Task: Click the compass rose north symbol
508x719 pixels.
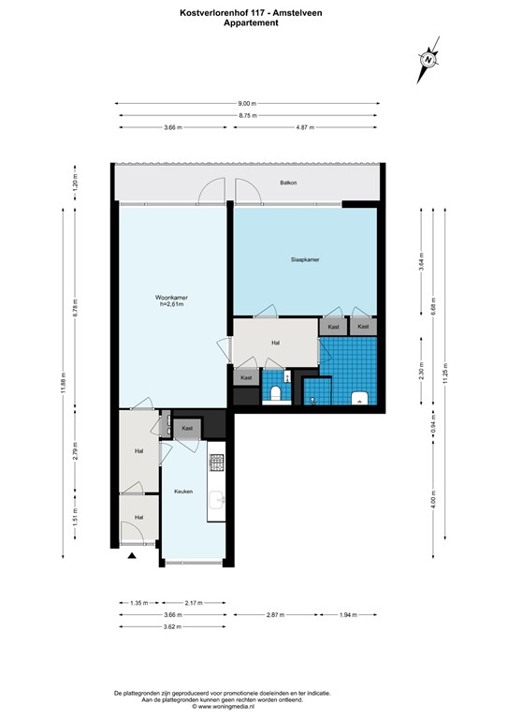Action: (428, 59)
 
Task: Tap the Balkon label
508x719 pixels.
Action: (288, 183)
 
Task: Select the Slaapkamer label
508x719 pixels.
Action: (304, 260)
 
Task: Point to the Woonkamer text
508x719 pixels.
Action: (171, 298)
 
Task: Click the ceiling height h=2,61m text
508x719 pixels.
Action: (171, 305)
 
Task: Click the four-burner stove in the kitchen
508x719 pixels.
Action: (217, 462)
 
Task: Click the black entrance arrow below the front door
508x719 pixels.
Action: (132, 556)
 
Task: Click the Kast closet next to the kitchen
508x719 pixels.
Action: (187, 428)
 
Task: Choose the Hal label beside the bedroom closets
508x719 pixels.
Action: (275, 343)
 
